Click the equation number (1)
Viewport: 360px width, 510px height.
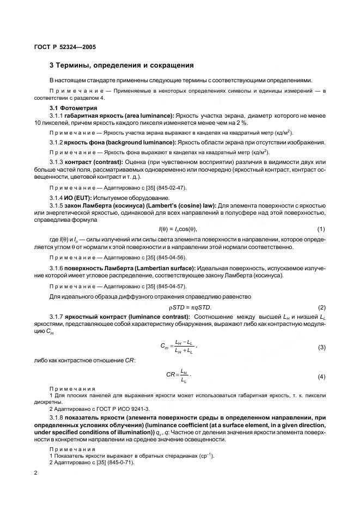[x=321, y=228]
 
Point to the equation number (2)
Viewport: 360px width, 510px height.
[x=321, y=308]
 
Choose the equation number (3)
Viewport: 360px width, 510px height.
[x=321, y=347]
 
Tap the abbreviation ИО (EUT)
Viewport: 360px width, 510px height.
[x=77, y=197]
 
